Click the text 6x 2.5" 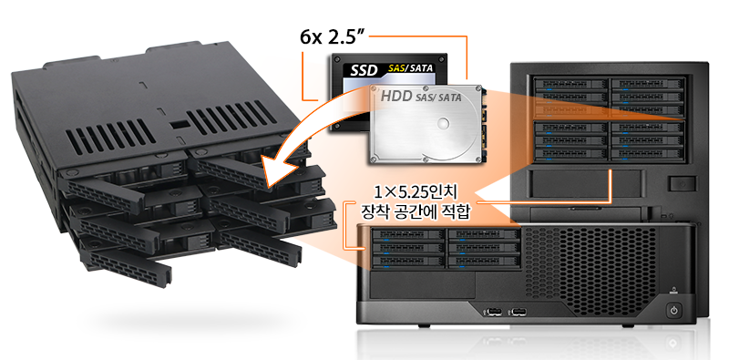pyautogui.click(x=331, y=37)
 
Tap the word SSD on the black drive pyautogui.click(x=364, y=70)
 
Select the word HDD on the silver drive pyautogui.click(x=396, y=96)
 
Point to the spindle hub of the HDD pyautogui.click(x=443, y=124)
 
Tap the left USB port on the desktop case pyautogui.click(x=492, y=311)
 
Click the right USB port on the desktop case pyautogui.click(x=518, y=311)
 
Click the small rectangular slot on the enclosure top pyautogui.click(x=178, y=125)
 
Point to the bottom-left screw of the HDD pyautogui.click(x=373, y=159)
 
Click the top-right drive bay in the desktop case pyautogui.click(x=484, y=234)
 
